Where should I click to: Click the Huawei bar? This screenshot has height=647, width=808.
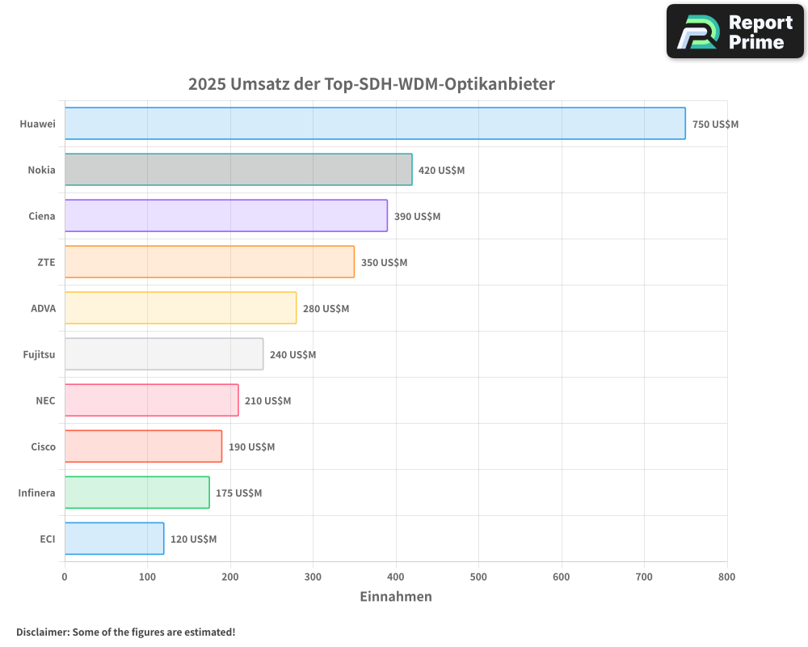click(375, 124)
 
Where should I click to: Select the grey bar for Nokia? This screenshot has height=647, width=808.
click(238, 170)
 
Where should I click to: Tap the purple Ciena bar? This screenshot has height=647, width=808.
click(226, 216)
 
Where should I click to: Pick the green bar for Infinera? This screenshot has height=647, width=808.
click(137, 493)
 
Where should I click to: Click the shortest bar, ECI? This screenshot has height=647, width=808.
click(114, 539)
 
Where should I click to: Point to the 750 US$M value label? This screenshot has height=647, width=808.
click(715, 125)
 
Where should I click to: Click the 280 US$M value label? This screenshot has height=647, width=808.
click(326, 309)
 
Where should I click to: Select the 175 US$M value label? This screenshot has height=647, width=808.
click(238, 493)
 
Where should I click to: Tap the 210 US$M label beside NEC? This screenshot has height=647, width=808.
click(267, 401)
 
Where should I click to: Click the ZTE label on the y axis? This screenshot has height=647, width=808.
click(46, 262)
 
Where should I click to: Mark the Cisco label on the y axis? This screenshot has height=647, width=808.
click(43, 446)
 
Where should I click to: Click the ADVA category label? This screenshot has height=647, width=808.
click(43, 308)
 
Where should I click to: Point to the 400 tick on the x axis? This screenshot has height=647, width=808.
click(396, 577)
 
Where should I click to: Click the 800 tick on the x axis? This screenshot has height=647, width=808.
click(726, 577)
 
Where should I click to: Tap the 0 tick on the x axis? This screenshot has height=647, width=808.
click(65, 577)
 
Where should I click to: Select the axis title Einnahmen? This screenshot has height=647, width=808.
click(395, 597)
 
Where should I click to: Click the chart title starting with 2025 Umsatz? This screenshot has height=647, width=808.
click(372, 84)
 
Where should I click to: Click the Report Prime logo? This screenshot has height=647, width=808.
click(734, 32)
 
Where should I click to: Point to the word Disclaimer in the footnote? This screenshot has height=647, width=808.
click(42, 632)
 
